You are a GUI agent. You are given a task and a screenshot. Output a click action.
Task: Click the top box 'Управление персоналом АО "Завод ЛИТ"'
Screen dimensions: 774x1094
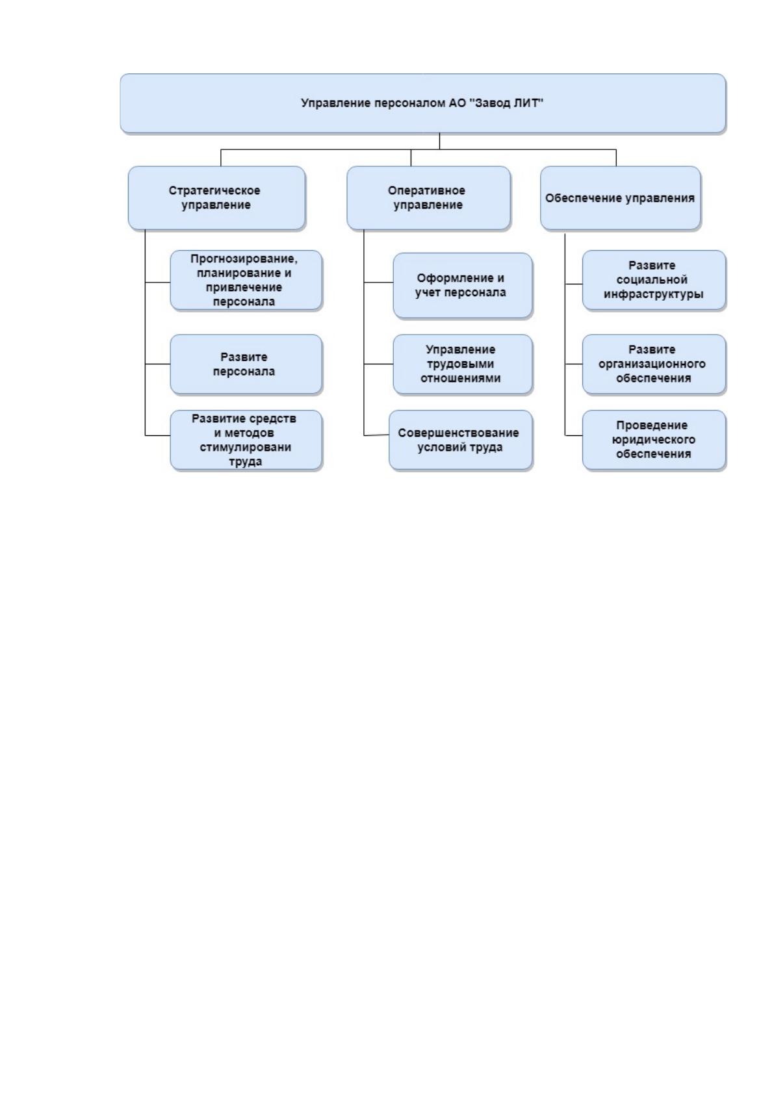point(422,103)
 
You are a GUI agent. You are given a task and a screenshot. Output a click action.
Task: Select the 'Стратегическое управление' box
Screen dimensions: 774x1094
point(216,197)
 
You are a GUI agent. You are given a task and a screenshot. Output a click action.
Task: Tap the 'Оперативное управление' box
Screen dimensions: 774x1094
point(428,197)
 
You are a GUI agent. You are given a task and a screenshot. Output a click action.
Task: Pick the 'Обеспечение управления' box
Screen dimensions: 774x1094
point(620,197)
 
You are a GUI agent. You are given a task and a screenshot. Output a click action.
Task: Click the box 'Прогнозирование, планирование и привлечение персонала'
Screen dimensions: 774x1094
point(246,280)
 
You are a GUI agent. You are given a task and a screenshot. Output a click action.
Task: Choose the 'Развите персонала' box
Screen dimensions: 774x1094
point(246,364)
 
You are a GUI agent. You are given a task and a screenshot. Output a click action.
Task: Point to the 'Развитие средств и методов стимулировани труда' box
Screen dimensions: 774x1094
point(246,440)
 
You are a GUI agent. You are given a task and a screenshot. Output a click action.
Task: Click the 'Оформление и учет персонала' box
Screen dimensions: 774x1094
point(462,285)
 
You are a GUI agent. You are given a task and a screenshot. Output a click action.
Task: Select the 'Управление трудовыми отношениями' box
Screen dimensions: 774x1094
point(462,364)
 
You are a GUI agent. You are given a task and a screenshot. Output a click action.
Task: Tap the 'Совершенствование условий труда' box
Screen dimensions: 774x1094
point(460,440)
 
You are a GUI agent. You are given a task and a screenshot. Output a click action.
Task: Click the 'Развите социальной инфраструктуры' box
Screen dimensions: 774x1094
point(654,280)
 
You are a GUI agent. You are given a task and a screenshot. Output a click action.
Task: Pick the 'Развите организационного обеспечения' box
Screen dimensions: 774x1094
point(654,364)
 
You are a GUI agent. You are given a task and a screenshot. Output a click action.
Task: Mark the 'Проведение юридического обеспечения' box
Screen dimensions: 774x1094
point(654,440)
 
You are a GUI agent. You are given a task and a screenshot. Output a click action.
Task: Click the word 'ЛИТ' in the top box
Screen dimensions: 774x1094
point(530,103)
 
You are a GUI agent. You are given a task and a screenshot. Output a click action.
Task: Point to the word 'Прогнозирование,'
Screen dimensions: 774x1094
point(244,259)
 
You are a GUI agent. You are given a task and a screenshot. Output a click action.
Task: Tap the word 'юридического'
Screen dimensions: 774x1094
point(653,440)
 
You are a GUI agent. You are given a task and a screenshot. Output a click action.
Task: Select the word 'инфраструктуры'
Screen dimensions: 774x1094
point(653,294)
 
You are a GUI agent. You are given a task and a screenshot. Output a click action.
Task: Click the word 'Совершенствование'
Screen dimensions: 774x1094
point(458,433)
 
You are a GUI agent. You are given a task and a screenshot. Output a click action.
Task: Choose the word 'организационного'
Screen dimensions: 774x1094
point(652,364)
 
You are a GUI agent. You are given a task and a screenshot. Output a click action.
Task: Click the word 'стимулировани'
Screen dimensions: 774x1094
point(245,448)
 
